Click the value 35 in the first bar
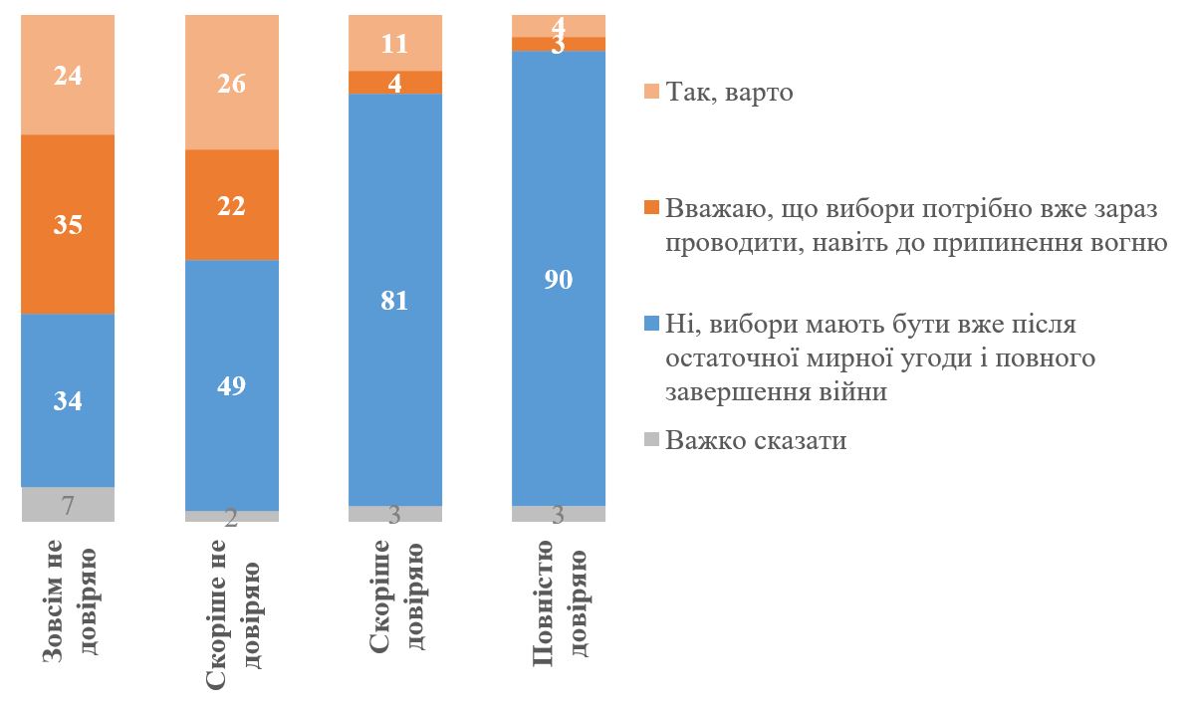coord(68,224)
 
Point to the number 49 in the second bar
coord(231,385)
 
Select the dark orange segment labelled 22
coord(231,205)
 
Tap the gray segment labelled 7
coord(68,505)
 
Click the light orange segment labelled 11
coord(395,43)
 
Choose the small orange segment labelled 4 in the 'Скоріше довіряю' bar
coord(395,83)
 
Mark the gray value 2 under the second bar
coord(231,516)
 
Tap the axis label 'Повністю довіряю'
coord(559,601)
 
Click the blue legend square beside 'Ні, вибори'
coord(652,325)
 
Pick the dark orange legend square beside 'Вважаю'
coord(652,207)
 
